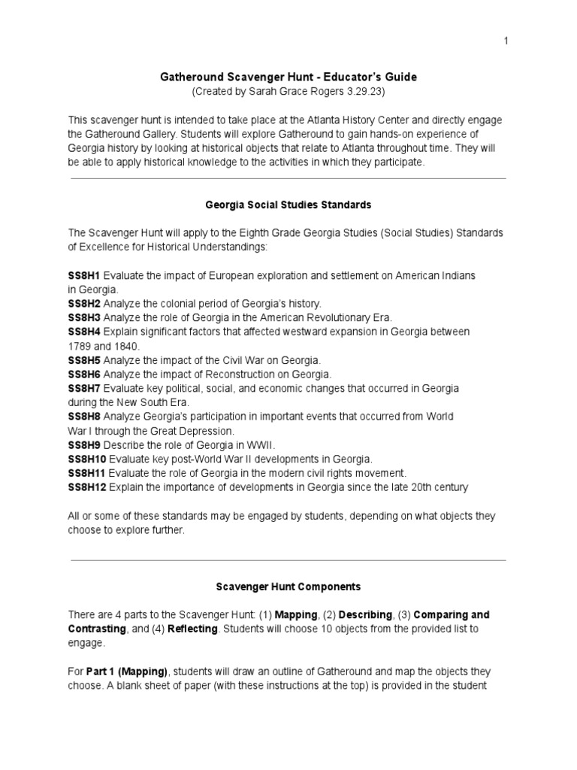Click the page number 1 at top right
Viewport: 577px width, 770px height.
pyautogui.click(x=506, y=41)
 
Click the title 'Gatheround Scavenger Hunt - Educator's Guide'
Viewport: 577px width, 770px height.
pyautogui.click(x=288, y=77)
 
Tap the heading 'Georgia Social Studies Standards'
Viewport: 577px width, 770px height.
pyautogui.click(x=288, y=204)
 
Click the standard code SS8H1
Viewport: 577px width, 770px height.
pyautogui.click(x=84, y=276)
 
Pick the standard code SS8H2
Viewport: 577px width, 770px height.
pyautogui.click(x=84, y=303)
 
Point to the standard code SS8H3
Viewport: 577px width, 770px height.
pyautogui.click(x=84, y=317)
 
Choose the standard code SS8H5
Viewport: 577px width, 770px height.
pyautogui.click(x=84, y=360)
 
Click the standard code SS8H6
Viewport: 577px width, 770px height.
pyautogui.click(x=84, y=374)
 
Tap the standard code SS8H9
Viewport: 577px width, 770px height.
pyautogui.click(x=84, y=444)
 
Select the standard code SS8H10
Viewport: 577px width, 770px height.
pyautogui.click(x=87, y=459)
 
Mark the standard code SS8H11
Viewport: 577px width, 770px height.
pyautogui.click(x=87, y=473)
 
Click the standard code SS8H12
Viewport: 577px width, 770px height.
pyautogui.click(x=87, y=487)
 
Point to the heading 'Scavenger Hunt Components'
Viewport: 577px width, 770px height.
pyautogui.click(x=288, y=586)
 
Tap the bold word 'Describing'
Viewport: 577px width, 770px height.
pyautogui.click(x=369, y=614)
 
